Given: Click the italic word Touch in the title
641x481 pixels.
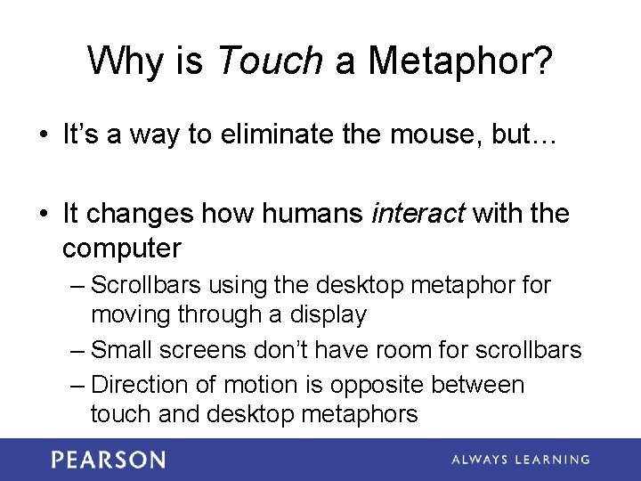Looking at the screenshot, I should pos(270,61).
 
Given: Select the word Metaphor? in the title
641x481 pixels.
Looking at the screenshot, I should pos(460,61).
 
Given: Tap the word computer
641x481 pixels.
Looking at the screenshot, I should pos(122,247).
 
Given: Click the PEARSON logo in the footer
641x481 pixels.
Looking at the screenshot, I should pos(108,460).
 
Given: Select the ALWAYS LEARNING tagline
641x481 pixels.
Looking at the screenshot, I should pos(521,460).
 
